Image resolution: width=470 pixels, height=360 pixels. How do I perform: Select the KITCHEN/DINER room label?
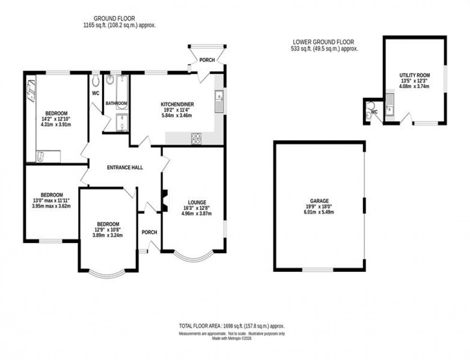coord(177,104)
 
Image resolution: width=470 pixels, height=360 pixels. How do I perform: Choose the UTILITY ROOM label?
coord(415,75)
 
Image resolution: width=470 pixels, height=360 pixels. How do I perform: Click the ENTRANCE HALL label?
coord(125,167)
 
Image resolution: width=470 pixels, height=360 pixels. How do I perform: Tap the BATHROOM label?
coord(117,103)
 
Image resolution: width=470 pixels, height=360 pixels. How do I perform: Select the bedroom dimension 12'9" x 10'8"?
coord(108,230)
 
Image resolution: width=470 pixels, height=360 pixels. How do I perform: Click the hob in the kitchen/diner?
coord(197,138)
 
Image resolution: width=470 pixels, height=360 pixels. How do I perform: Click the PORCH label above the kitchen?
coord(207,60)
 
